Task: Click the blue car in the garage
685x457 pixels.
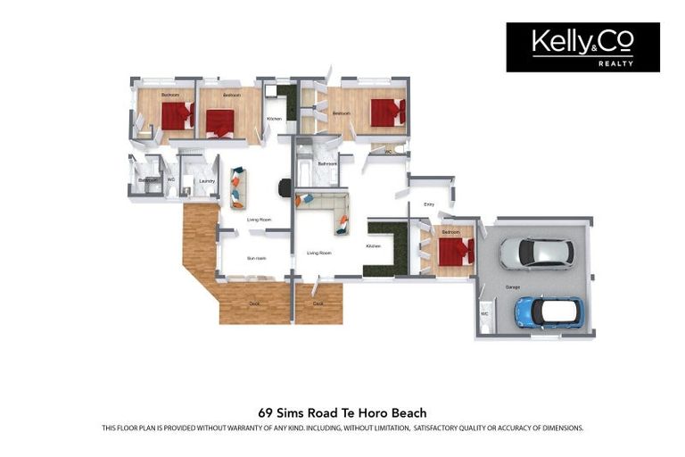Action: [547, 312]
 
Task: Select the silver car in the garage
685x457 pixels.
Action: [535, 253]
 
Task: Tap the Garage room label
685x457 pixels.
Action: [513, 287]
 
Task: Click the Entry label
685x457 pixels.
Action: [429, 204]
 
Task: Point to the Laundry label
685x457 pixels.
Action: [206, 181]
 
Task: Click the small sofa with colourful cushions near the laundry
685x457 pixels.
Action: [237, 187]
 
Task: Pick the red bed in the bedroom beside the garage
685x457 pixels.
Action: [455, 251]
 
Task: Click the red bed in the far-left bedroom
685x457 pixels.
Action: [177, 115]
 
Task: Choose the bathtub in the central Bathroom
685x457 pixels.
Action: [304, 170]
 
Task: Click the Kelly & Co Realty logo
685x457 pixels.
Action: [582, 46]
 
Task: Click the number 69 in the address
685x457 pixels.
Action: [265, 412]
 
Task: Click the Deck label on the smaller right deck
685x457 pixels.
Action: [318, 303]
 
